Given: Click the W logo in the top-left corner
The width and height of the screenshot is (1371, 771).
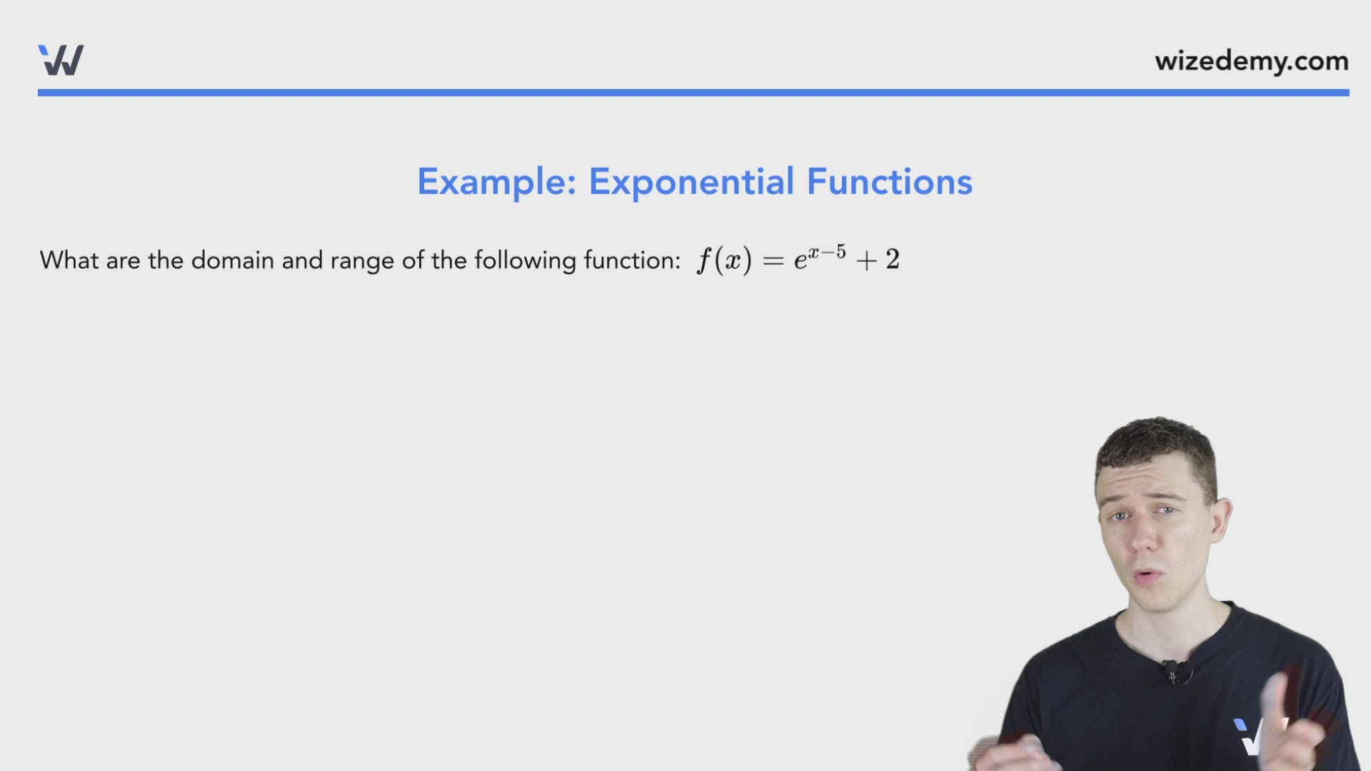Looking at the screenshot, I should coord(61,60).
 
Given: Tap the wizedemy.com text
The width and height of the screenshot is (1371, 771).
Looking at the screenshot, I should coord(1251,61).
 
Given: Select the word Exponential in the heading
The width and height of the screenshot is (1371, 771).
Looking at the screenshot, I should coord(691,183).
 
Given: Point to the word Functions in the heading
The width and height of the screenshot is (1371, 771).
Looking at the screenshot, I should coord(889,182).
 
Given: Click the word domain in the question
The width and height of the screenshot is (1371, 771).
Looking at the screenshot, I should coord(232,261).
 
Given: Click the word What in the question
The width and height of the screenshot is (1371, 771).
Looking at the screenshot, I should coord(69,261).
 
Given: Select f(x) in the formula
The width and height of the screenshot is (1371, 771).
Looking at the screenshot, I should coord(724,261).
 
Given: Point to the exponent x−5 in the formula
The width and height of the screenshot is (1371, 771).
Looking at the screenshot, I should coord(827,252).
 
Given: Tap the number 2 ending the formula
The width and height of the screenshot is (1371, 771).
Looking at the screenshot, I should coord(893,260).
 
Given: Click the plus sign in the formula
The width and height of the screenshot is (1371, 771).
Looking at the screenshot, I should coord(866,261).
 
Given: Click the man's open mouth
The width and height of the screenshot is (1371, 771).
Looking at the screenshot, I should coord(1148,576).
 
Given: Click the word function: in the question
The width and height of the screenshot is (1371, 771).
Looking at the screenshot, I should coord(632,261).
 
